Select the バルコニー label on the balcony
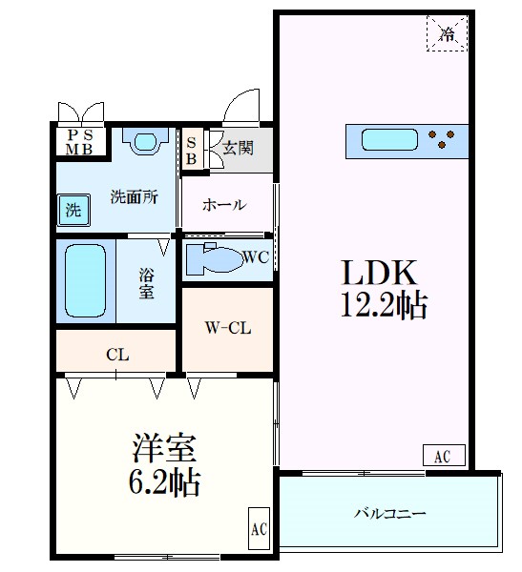[x=388, y=512]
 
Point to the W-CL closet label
[x=227, y=328]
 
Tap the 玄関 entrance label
[x=238, y=148]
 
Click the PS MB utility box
[x=79, y=141]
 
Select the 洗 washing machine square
[x=73, y=209]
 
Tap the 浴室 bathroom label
[x=146, y=280]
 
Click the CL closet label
[x=117, y=355]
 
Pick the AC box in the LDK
[x=442, y=457]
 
